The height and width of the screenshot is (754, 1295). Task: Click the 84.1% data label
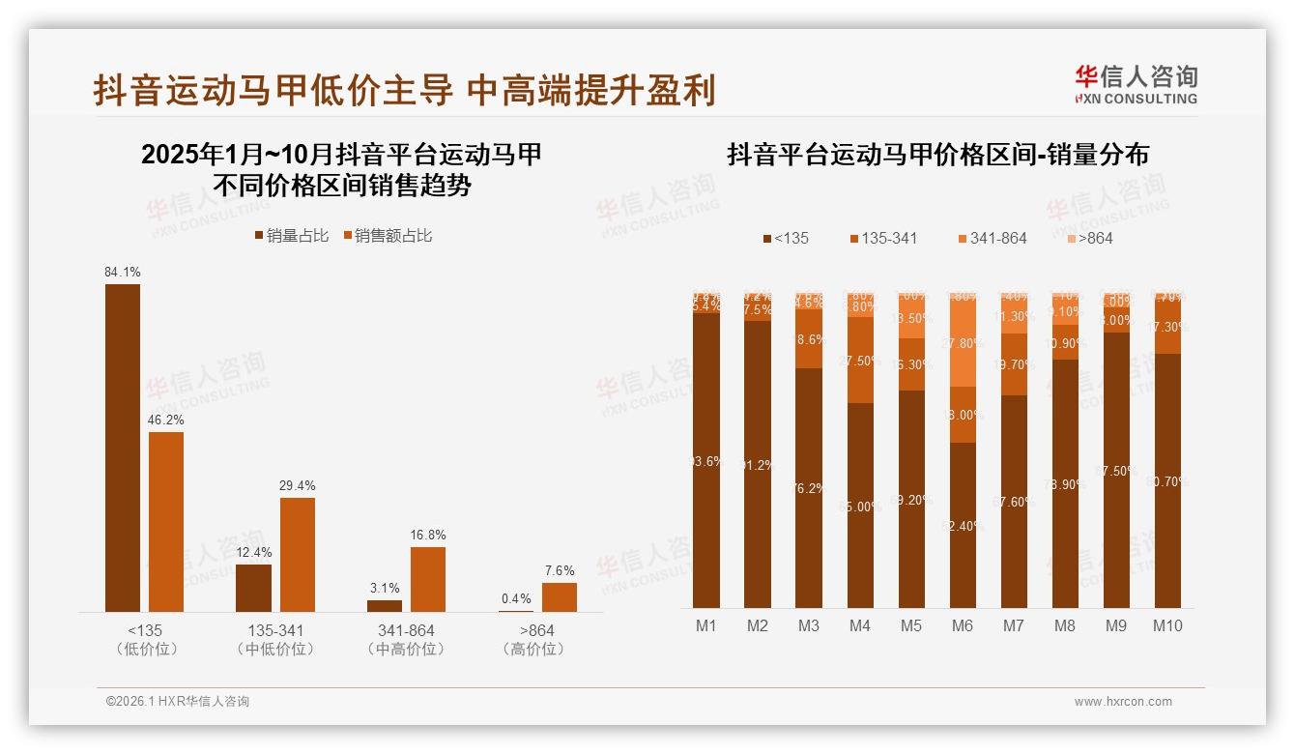123,273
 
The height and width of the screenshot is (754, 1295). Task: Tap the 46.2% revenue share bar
166,522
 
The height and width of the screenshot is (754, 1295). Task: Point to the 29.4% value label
298,485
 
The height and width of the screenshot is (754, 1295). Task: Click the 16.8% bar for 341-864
428,579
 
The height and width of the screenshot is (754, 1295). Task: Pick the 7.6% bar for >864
559,596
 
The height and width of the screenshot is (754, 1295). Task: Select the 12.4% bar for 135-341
253,588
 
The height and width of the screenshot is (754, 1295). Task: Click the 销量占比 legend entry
292,235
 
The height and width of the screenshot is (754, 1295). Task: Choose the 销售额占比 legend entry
386,235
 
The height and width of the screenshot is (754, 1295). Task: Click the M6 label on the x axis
962,625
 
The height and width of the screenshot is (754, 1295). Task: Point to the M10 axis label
1167,625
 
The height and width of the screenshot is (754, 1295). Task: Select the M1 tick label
706,625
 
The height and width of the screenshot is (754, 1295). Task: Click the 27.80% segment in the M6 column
962,344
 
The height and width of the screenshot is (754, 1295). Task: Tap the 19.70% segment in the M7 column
1013,364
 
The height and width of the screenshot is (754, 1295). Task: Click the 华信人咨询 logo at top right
1137,84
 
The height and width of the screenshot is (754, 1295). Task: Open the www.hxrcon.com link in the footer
1123,702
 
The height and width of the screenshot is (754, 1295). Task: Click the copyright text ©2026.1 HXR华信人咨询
178,702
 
